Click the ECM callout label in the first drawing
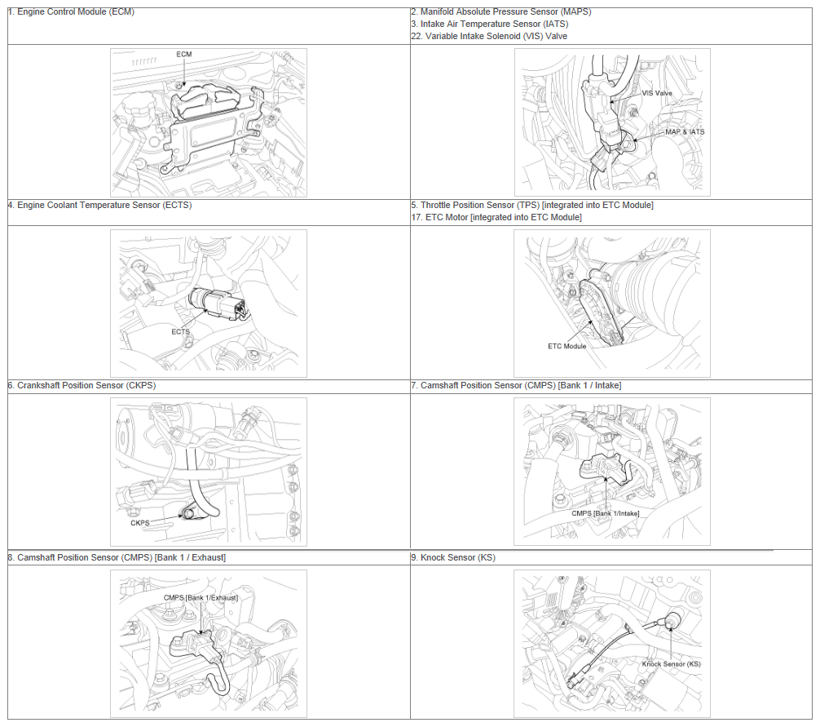[x=184, y=55]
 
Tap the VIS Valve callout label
[x=657, y=93]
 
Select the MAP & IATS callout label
[x=685, y=132]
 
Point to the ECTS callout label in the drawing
[x=180, y=332]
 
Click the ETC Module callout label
[x=567, y=347]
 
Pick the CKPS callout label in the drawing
[x=139, y=523]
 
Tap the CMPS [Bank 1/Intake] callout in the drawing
[x=605, y=513]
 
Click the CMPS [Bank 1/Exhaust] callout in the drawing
[x=201, y=598]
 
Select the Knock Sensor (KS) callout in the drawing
[x=671, y=664]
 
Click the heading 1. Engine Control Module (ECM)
[x=71, y=12]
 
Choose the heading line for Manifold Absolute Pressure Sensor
[x=501, y=12]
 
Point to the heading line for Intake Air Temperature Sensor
[x=490, y=24]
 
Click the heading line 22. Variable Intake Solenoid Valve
[x=489, y=36]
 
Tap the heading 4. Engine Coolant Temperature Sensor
[x=100, y=205]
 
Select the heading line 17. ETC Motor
[x=496, y=217]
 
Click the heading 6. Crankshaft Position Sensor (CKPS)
[x=82, y=386]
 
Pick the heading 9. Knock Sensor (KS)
[x=453, y=558]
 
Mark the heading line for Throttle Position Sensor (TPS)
[x=531, y=205]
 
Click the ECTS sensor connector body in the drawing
[x=218, y=303]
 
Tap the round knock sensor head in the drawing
[x=673, y=618]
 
